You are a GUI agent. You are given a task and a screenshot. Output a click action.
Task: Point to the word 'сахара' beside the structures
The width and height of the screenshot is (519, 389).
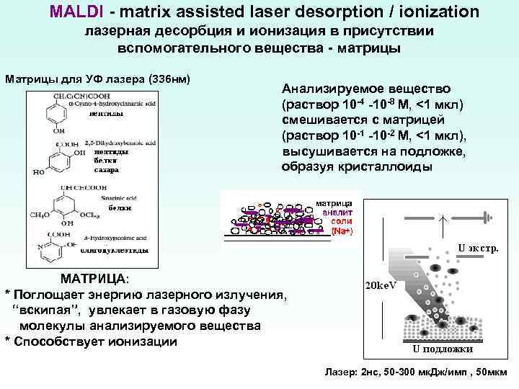point(106,171)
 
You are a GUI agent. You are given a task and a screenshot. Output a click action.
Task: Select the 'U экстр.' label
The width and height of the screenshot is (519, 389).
point(478,249)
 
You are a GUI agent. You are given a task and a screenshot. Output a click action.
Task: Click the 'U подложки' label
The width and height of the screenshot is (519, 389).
point(443,349)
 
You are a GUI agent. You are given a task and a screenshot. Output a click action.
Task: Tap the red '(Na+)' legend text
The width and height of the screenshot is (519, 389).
point(341,231)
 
